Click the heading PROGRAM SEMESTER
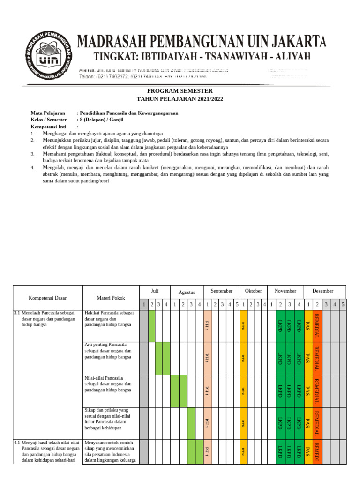(x=180, y=91)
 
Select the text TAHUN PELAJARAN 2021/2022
(x=180, y=99)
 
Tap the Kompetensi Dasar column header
(x=48, y=298)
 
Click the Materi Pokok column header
(x=111, y=298)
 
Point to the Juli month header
(x=155, y=291)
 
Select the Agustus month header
(x=187, y=292)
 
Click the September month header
(x=221, y=291)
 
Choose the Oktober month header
(x=254, y=291)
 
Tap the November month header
(x=285, y=291)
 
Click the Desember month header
(x=322, y=291)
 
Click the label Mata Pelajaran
(x=48, y=113)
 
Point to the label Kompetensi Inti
(x=48, y=127)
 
